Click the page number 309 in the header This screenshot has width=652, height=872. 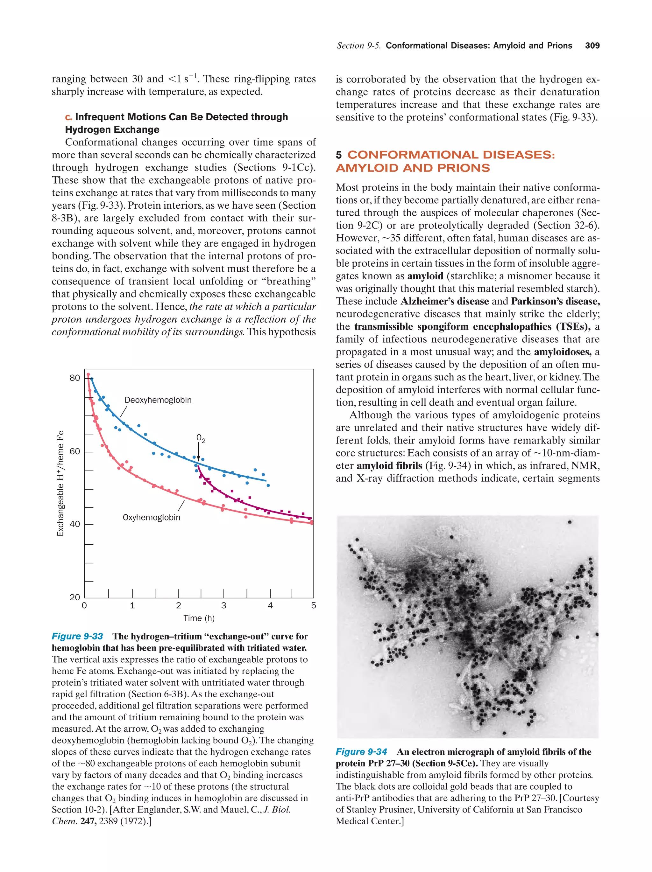coord(592,46)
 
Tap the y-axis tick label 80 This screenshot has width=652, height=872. coord(74,378)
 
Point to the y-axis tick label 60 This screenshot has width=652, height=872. coord(74,451)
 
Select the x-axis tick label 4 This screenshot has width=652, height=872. coord(270,605)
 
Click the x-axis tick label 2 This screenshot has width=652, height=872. coord(178,605)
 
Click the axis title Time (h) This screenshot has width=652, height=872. coord(199,618)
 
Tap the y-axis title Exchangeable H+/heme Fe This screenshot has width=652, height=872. coord(60,483)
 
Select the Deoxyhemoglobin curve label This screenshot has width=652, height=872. coord(158,400)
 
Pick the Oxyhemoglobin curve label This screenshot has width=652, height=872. coord(152,517)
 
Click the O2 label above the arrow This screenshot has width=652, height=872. coord(200,438)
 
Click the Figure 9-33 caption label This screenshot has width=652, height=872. coord(77,636)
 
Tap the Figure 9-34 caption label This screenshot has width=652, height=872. coord(361,752)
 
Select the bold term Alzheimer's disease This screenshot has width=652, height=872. coord(444,301)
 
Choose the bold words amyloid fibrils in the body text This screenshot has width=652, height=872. coord(389,465)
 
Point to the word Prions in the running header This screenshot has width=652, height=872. coord(559,46)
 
